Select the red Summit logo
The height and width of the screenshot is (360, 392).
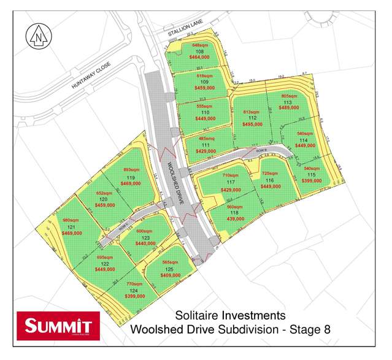[55, 325]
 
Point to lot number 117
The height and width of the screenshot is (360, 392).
[231, 183]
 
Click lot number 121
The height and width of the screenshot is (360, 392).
[72, 227]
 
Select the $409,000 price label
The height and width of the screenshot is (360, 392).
[170, 275]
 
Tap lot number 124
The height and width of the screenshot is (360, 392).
[134, 290]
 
